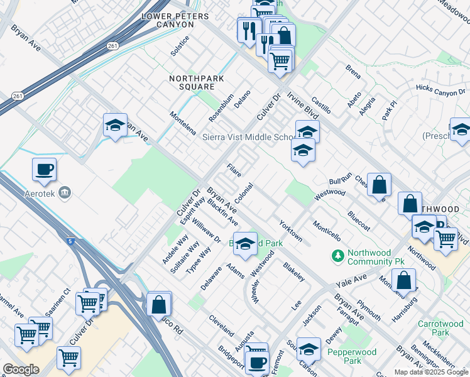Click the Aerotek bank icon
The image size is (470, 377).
click(x=63, y=193)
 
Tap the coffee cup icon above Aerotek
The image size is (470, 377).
click(x=44, y=169)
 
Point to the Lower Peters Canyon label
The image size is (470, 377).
click(x=168, y=20)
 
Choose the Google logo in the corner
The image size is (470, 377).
click(x=21, y=369)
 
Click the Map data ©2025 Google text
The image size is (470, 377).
click(x=432, y=372)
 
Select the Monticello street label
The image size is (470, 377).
click(x=327, y=231)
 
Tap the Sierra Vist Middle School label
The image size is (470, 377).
click(x=247, y=137)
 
